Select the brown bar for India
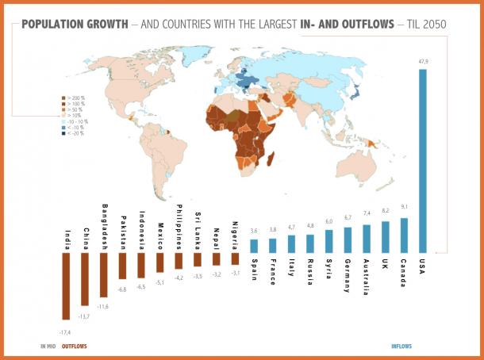click(x=66, y=286)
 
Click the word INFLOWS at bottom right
click(x=402, y=347)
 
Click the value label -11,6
click(x=104, y=306)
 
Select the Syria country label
click(x=328, y=267)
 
